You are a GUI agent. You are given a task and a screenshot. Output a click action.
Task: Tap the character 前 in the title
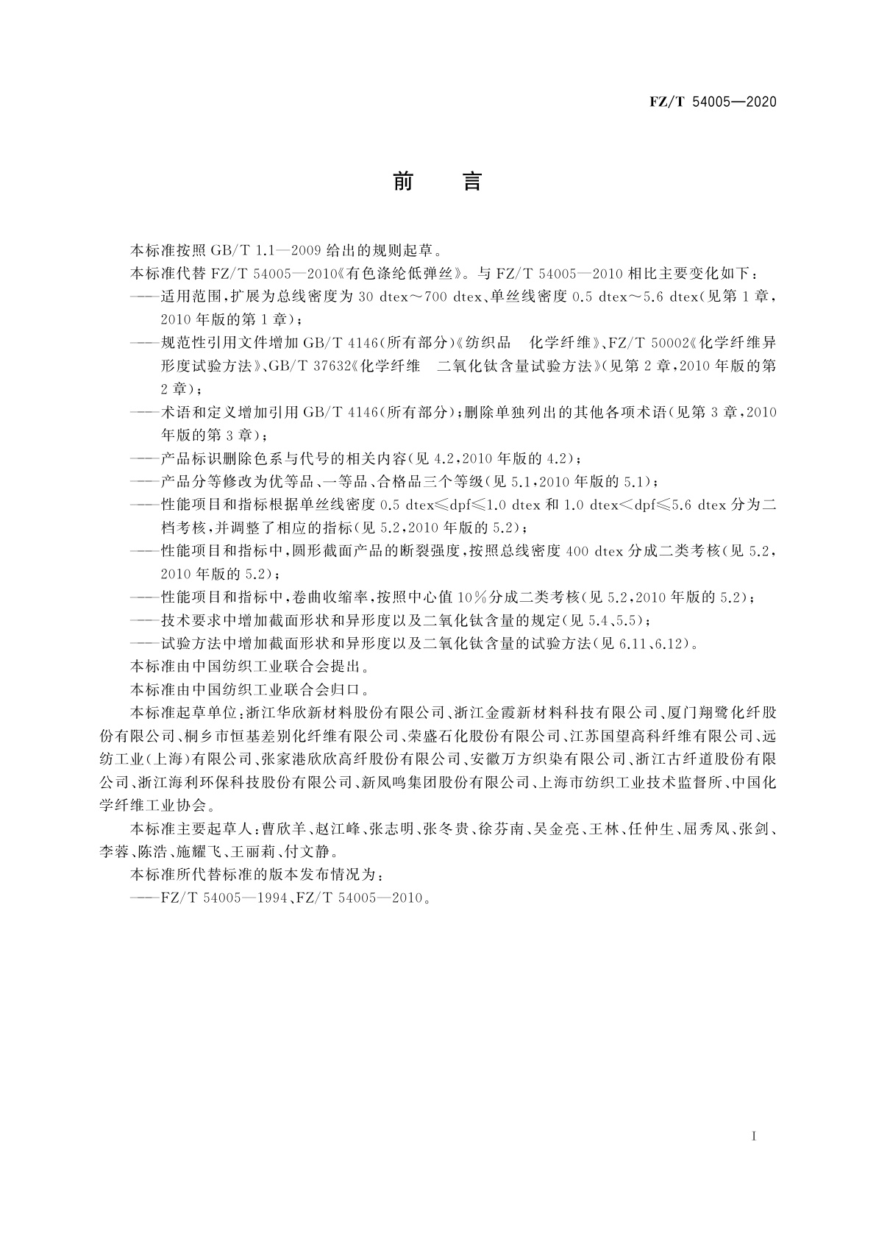coord(403,181)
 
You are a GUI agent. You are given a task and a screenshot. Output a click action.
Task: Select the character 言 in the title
coord(472,181)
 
